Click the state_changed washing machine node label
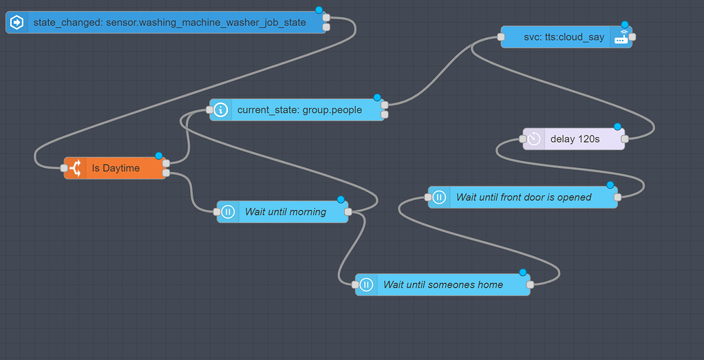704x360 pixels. (x=169, y=23)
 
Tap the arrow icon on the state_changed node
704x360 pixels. (x=17, y=23)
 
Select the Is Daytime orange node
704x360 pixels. (x=116, y=168)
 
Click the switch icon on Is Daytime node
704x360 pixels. (x=74, y=168)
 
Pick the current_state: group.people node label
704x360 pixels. (x=299, y=110)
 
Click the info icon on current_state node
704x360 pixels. (x=221, y=110)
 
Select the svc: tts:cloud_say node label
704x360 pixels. (x=554, y=37)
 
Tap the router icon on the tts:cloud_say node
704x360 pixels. (x=621, y=37)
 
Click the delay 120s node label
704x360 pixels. (x=575, y=139)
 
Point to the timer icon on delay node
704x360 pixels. (x=534, y=139)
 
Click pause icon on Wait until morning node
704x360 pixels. (x=228, y=212)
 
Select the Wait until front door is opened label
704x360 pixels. (x=524, y=198)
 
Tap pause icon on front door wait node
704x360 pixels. (x=439, y=198)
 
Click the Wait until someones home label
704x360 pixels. (x=443, y=285)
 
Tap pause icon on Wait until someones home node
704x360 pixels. (x=366, y=285)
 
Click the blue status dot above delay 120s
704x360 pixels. (x=617, y=127)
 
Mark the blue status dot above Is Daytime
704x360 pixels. (x=158, y=156)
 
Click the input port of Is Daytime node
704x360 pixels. (x=64, y=168)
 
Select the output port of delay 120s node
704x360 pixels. (x=624, y=139)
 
